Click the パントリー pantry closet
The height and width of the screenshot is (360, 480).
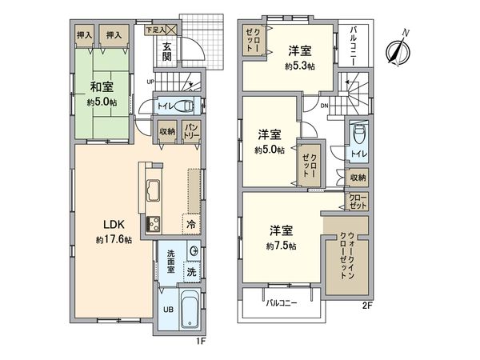tap(191, 131)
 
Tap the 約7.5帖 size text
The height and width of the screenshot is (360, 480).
tap(282, 246)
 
